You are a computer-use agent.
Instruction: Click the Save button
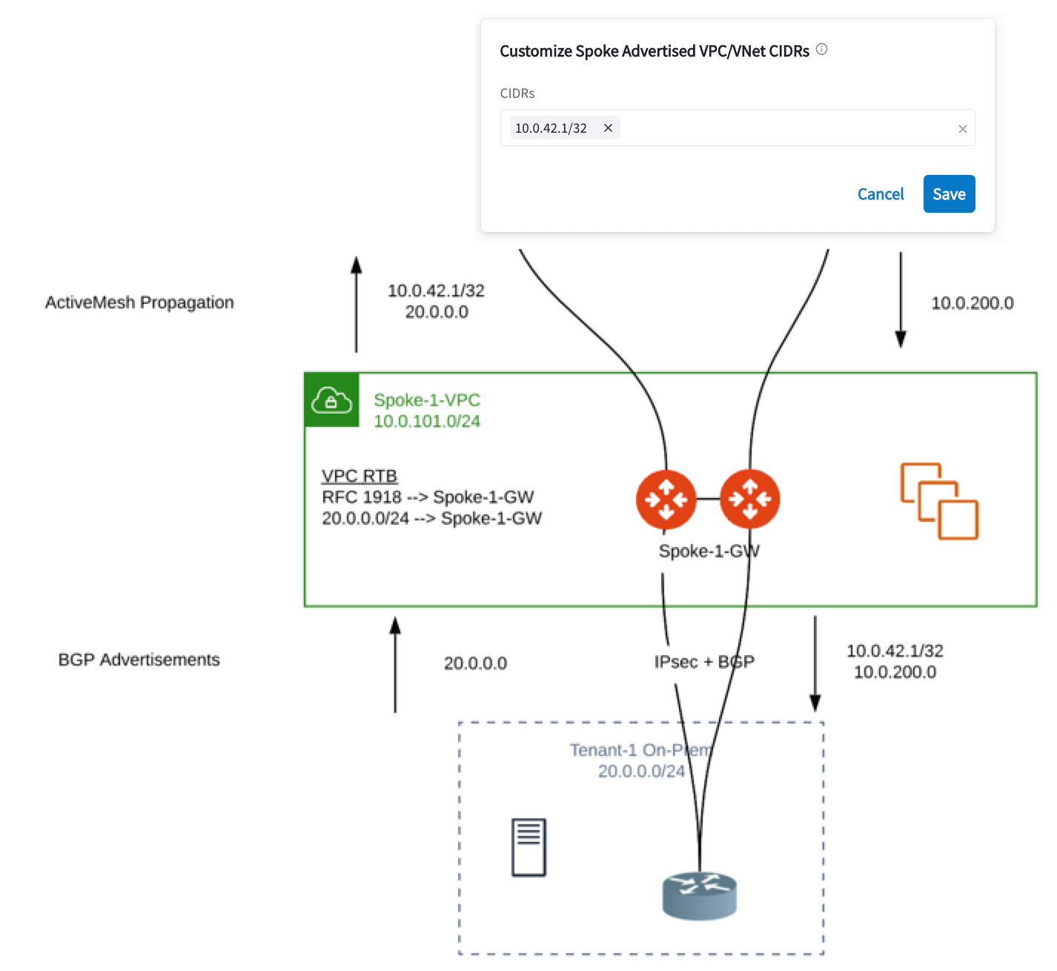click(x=949, y=194)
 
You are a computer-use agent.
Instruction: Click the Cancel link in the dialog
click(x=881, y=194)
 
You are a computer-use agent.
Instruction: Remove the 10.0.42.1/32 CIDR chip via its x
click(x=608, y=128)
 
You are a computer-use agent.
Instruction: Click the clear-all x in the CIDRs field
click(x=962, y=129)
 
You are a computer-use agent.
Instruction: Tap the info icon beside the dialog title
click(x=821, y=50)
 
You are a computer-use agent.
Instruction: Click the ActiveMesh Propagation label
click(x=139, y=302)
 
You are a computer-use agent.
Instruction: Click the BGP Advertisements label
click(x=139, y=660)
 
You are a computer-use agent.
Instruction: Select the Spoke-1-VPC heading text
click(x=427, y=400)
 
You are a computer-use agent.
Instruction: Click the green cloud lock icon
click(x=331, y=400)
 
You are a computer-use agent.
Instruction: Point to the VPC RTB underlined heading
click(x=359, y=476)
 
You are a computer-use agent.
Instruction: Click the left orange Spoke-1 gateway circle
click(x=666, y=500)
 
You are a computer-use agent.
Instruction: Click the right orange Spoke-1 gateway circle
click(x=749, y=500)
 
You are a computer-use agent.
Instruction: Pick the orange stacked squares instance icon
click(x=939, y=501)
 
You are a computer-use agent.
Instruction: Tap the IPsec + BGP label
click(x=704, y=662)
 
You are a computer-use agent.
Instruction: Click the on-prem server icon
click(x=528, y=847)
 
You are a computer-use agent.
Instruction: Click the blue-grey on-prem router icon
click(x=699, y=895)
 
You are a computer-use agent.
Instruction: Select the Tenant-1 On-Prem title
click(x=641, y=750)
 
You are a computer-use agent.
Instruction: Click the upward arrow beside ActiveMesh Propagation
click(x=357, y=304)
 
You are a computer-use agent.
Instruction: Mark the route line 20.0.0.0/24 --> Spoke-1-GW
click(x=431, y=518)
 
